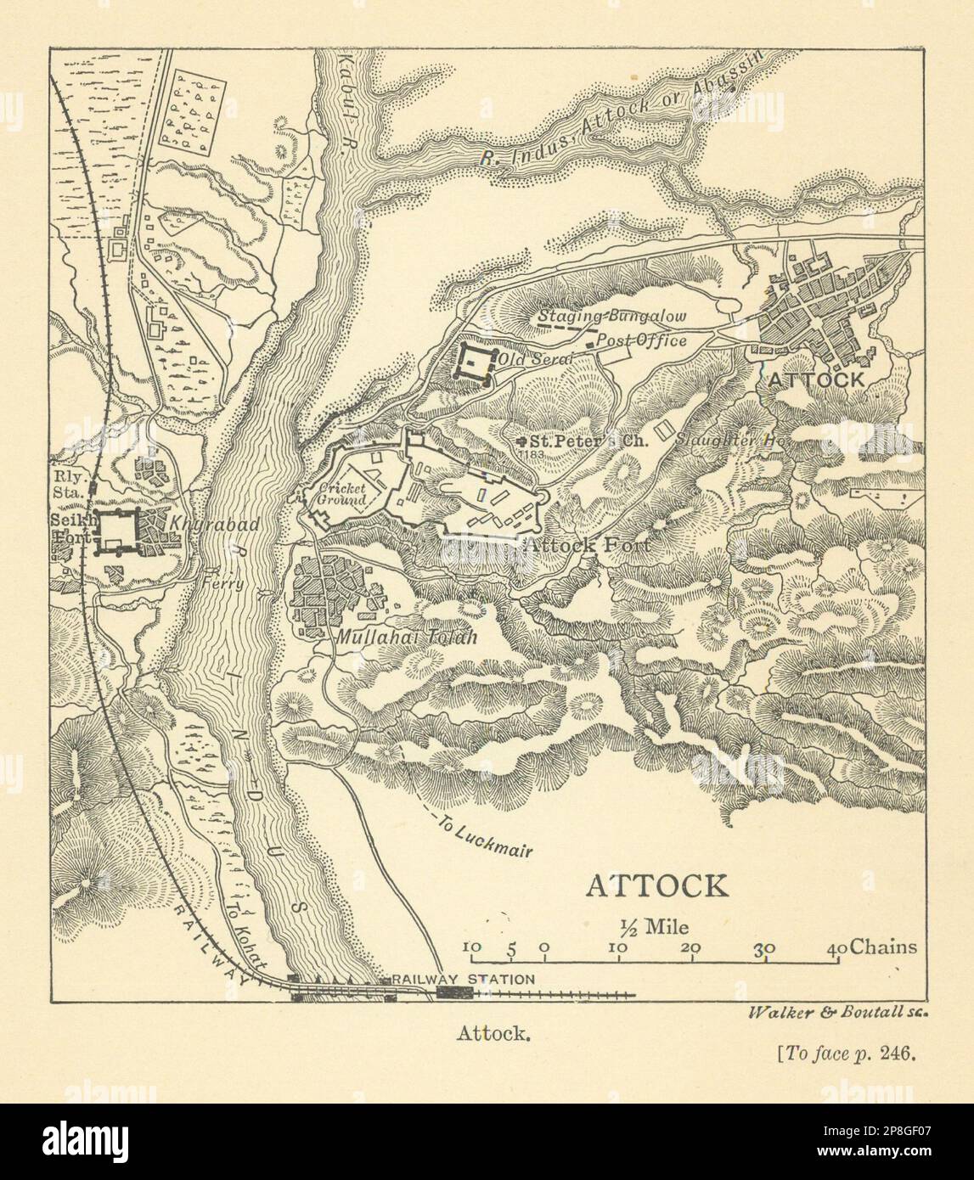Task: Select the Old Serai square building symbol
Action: pyautogui.click(x=472, y=363)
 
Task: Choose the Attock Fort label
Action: pyautogui.click(x=586, y=546)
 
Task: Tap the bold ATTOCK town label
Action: pyautogui.click(x=816, y=380)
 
